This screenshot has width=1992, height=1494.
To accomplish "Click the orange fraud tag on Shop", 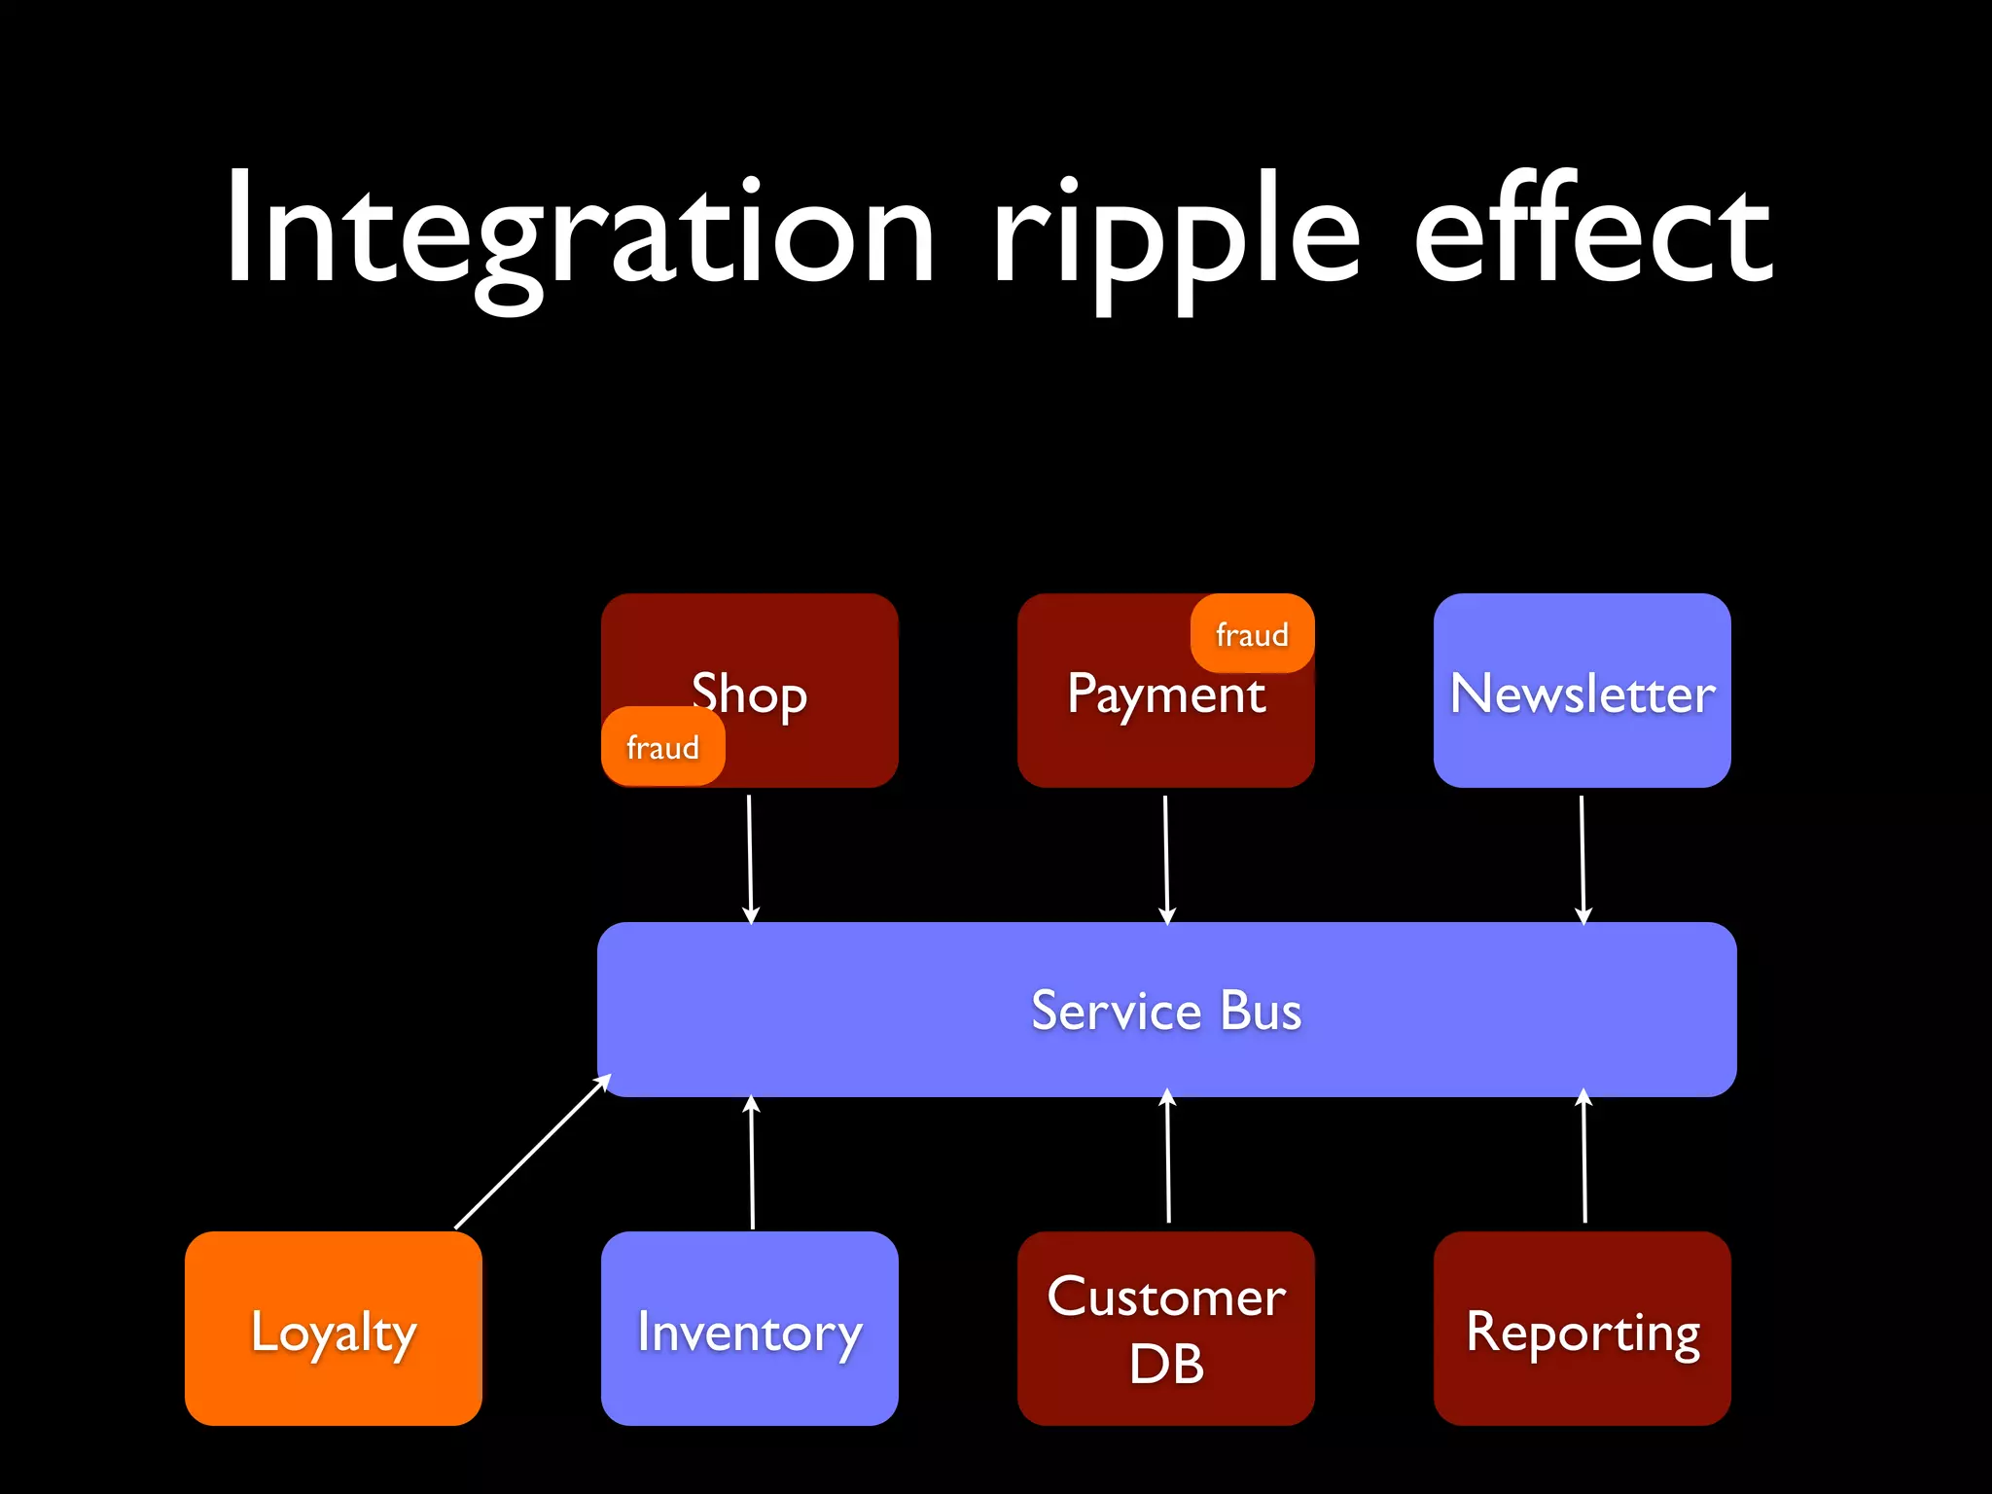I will pos(662,747).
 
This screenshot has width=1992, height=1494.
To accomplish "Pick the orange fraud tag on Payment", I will pos(1252,634).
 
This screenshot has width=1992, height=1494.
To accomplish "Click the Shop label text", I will pos(750,694).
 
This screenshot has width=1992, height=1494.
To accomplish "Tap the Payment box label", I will pos(1165,695).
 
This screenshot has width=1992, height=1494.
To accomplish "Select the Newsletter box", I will pos(1582,692).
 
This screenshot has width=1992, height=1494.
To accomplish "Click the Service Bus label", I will pos(1165,1011).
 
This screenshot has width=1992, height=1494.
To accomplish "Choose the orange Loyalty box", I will pos(334,1330).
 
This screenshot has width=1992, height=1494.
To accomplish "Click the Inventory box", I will pos(749,1330).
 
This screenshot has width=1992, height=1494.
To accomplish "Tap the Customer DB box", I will pos(1165,1330).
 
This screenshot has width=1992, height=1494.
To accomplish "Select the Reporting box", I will pos(1582,1330).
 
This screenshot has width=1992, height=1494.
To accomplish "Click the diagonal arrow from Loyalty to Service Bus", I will pos(532,1152).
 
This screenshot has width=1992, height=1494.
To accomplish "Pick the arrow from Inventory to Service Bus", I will pos(752,1162).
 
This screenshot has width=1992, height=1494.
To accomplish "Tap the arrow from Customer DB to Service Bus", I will pos(1168,1157).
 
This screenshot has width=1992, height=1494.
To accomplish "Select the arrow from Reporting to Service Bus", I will pos(1584,1157).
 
